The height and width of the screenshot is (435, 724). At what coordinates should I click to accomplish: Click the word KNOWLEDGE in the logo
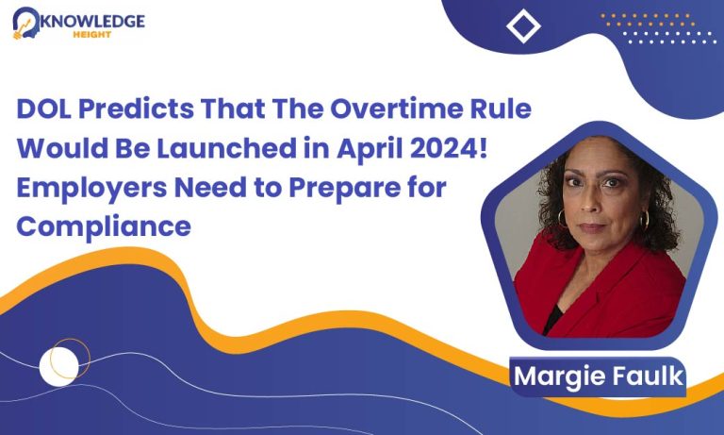tap(92, 22)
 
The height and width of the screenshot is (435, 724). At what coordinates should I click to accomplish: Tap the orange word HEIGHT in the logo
tap(91, 34)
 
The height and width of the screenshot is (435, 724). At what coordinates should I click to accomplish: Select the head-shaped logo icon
tap(25, 23)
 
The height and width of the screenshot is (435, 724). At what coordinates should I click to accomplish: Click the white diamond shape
tap(523, 26)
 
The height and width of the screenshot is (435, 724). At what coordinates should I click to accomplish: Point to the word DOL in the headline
tap(44, 109)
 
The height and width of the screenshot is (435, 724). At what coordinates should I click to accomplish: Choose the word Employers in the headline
tap(91, 189)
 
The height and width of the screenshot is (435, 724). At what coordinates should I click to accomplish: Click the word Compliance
tap(104, 227)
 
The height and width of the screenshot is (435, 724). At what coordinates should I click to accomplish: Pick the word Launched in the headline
tap(226, 148)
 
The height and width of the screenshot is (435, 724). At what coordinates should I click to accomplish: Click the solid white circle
tap(58, 366)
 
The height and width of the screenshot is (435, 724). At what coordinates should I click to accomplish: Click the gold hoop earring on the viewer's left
tap(562, 219)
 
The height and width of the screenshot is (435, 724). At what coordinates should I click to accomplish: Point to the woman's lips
tap(592, 227)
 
